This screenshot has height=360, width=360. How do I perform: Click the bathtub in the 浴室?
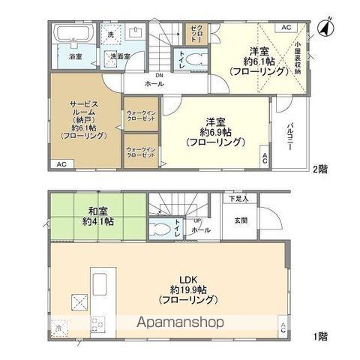pyautogui.click(x=73, y=34)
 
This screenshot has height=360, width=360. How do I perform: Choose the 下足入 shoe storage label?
pyautogui.click(x=239, y=199)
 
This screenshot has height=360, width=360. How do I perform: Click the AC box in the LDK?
pyautogui.click(x=282, y=326)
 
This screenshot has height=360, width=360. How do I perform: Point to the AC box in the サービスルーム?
pyautogui.click(x=62, y=163)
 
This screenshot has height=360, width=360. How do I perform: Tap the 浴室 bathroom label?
pyautogui.click(x=76, y=57)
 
